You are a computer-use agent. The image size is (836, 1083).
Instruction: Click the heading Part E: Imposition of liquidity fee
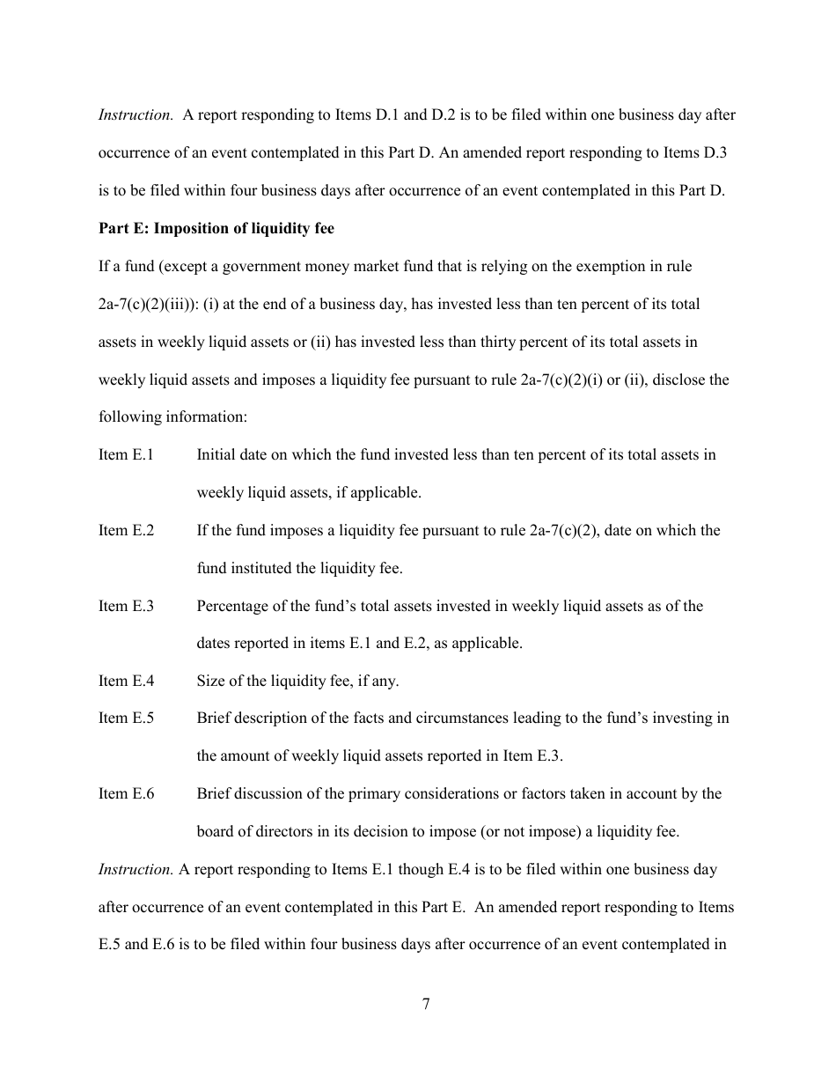pyautogui.click(x=216, y=228)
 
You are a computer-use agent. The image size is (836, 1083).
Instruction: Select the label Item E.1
pyautogui.click(x=126, y=455)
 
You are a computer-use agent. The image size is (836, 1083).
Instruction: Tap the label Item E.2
pyautogui.click(x=126, y=531)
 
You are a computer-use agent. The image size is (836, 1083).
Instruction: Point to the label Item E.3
pyautogui.click(x=126, y=607)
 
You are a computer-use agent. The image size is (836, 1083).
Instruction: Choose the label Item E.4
pyautogui.click(x=126, y=681)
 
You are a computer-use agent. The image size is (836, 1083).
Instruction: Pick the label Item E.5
pyautogui.click(x=126, y=718)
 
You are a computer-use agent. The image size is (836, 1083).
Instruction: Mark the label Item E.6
pyautogui.click(x=126, y=794)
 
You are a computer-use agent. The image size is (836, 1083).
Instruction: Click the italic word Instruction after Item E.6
pyautogui.click(x=136, y=870)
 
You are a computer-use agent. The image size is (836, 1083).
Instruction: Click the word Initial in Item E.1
pyautogui.click(x=216, y=455)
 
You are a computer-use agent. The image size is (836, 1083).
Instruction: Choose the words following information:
pyautogui.click(x=172, y=417)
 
